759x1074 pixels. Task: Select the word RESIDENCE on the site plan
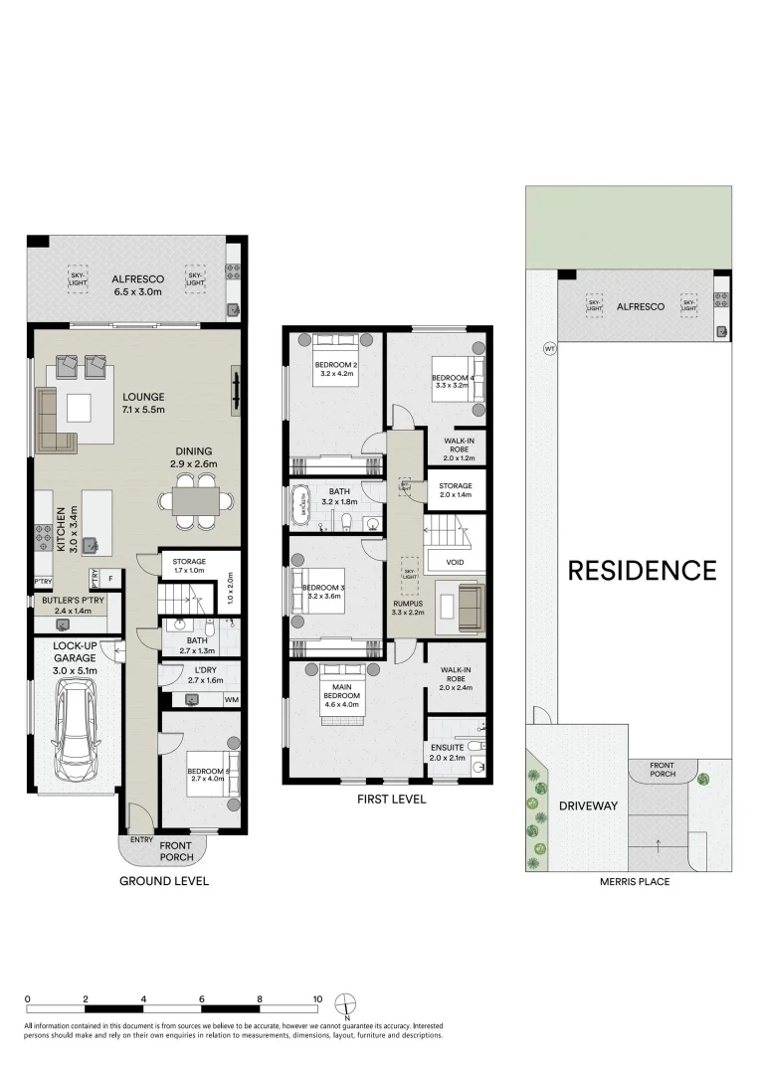click(x=642, y=570)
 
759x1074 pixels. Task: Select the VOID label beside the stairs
click(x=455, y=562)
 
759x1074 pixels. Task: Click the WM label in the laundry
click(x=232, y=700)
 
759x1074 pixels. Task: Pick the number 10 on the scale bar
click(x=317, y=998)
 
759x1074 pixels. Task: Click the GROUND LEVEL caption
click(x=164, y=881)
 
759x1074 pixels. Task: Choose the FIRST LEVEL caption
click(x=391, y=799)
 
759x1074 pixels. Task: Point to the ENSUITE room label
click(x=448, y=746)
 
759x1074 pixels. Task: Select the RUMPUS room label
click(x=408, y=603)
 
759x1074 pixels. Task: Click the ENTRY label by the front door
click(x=141, y=840)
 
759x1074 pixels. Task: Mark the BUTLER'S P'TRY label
click(x=74, y=601)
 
